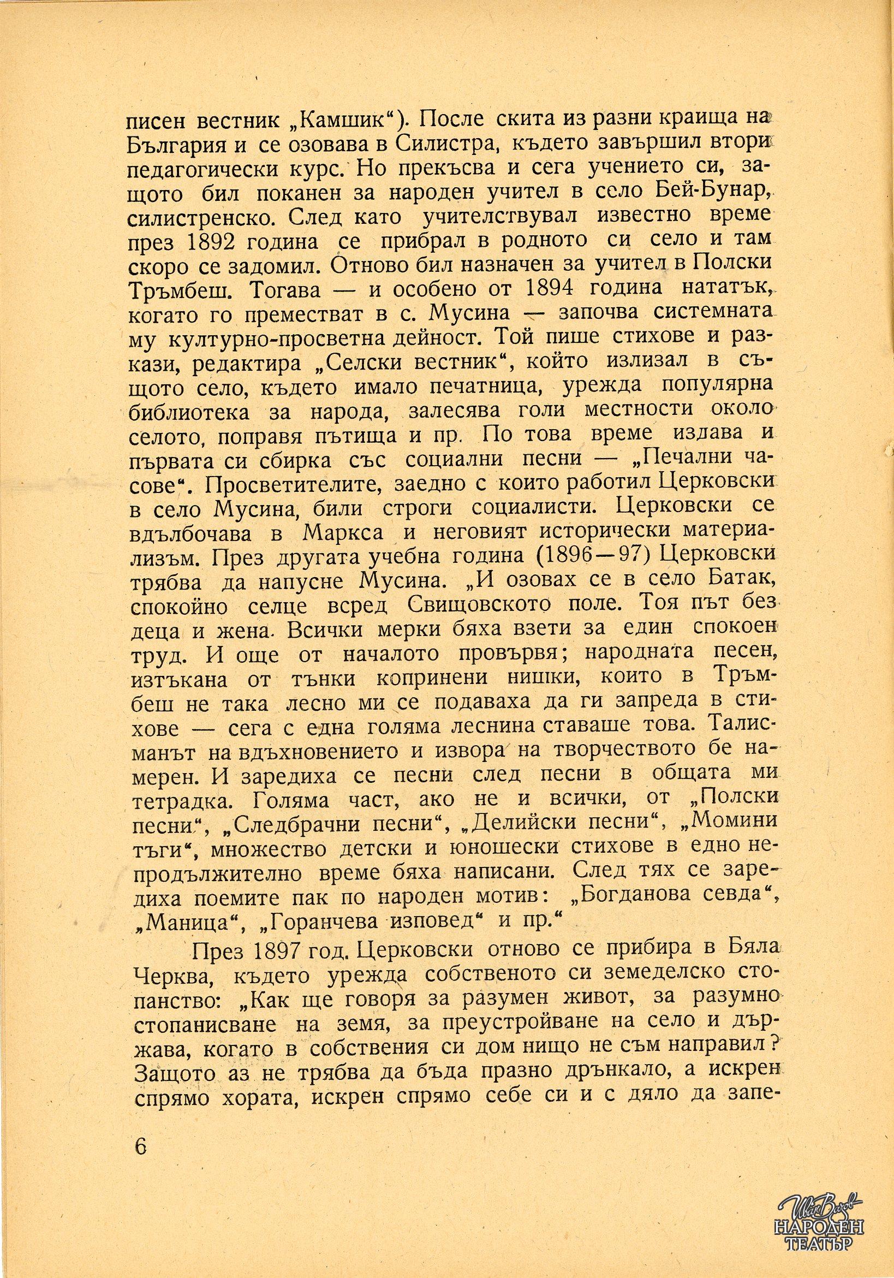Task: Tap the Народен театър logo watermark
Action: pos(821,1224)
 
